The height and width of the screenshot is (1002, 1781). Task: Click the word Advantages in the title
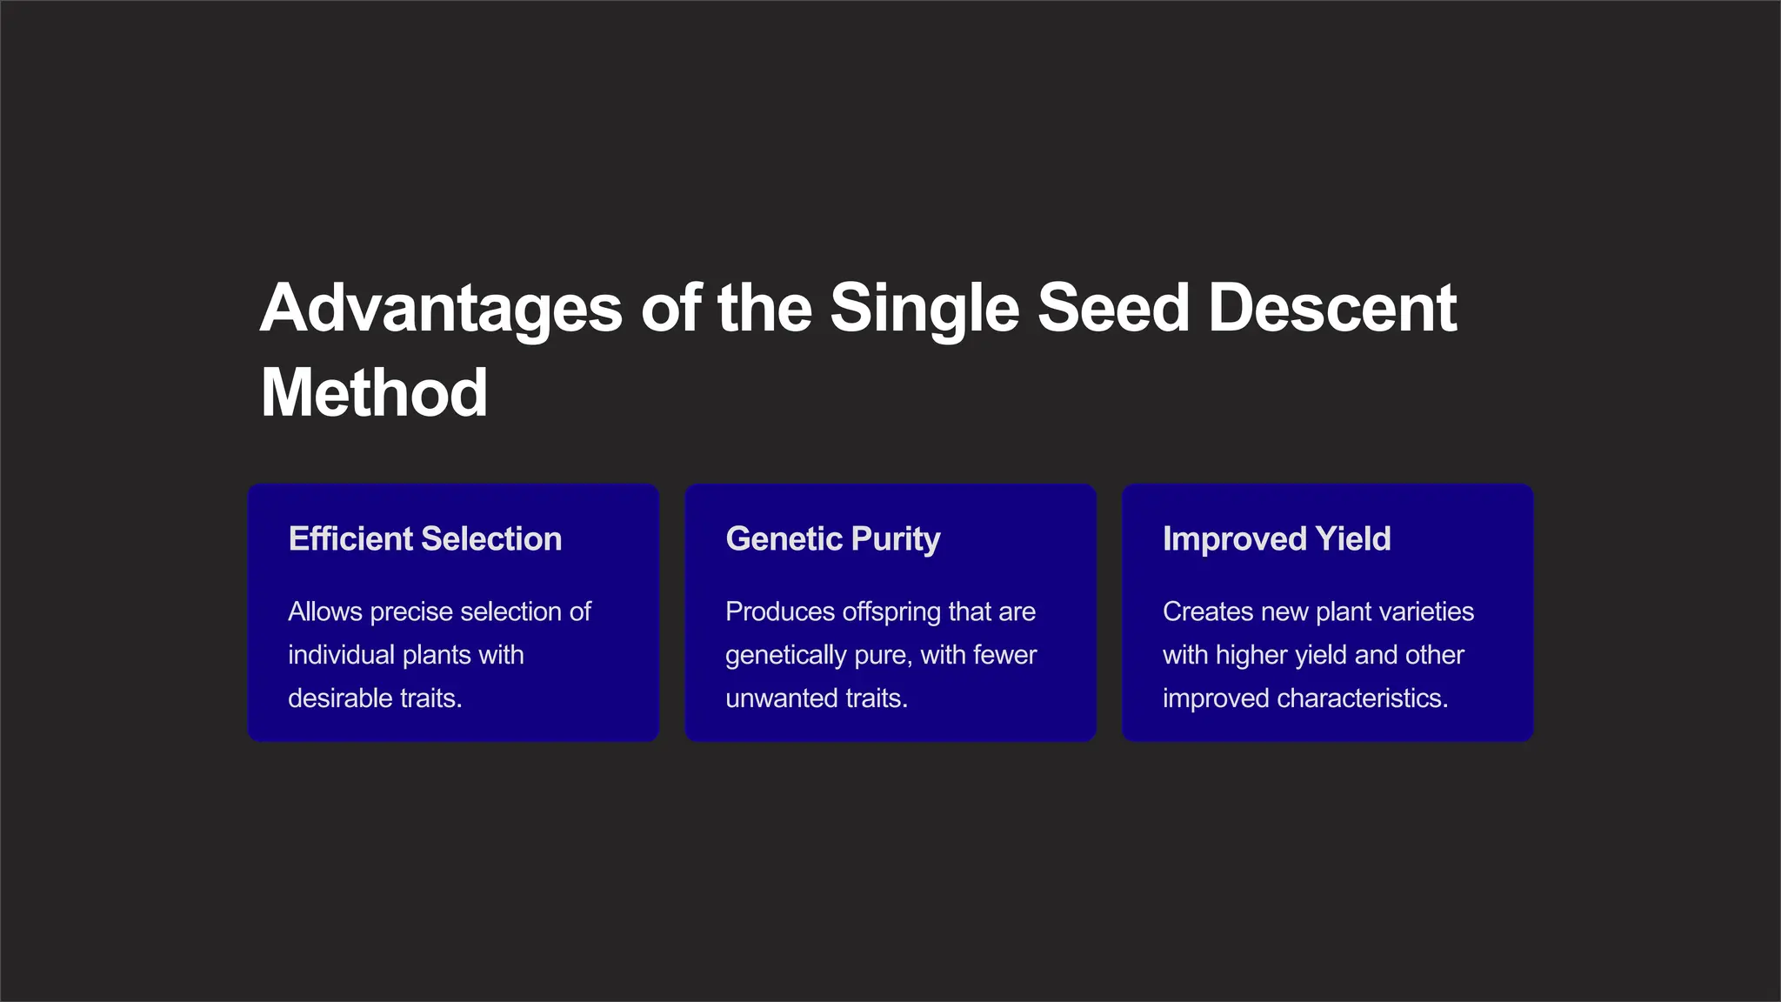point(441,309)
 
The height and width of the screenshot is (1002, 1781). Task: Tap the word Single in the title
point(924,309)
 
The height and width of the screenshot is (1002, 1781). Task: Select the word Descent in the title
point(1331,309)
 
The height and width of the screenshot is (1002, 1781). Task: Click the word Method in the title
point(374,393)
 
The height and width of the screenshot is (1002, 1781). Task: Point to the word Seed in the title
point(1113,309)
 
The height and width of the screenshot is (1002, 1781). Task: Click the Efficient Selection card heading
point(425,539)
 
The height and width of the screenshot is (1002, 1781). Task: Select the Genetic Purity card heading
point(832,539)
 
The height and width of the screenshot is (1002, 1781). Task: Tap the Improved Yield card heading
point(1276,539)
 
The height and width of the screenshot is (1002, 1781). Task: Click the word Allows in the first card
point(325,611)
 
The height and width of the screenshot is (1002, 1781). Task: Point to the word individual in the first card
point(341,655)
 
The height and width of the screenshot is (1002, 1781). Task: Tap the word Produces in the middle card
point(780,611)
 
